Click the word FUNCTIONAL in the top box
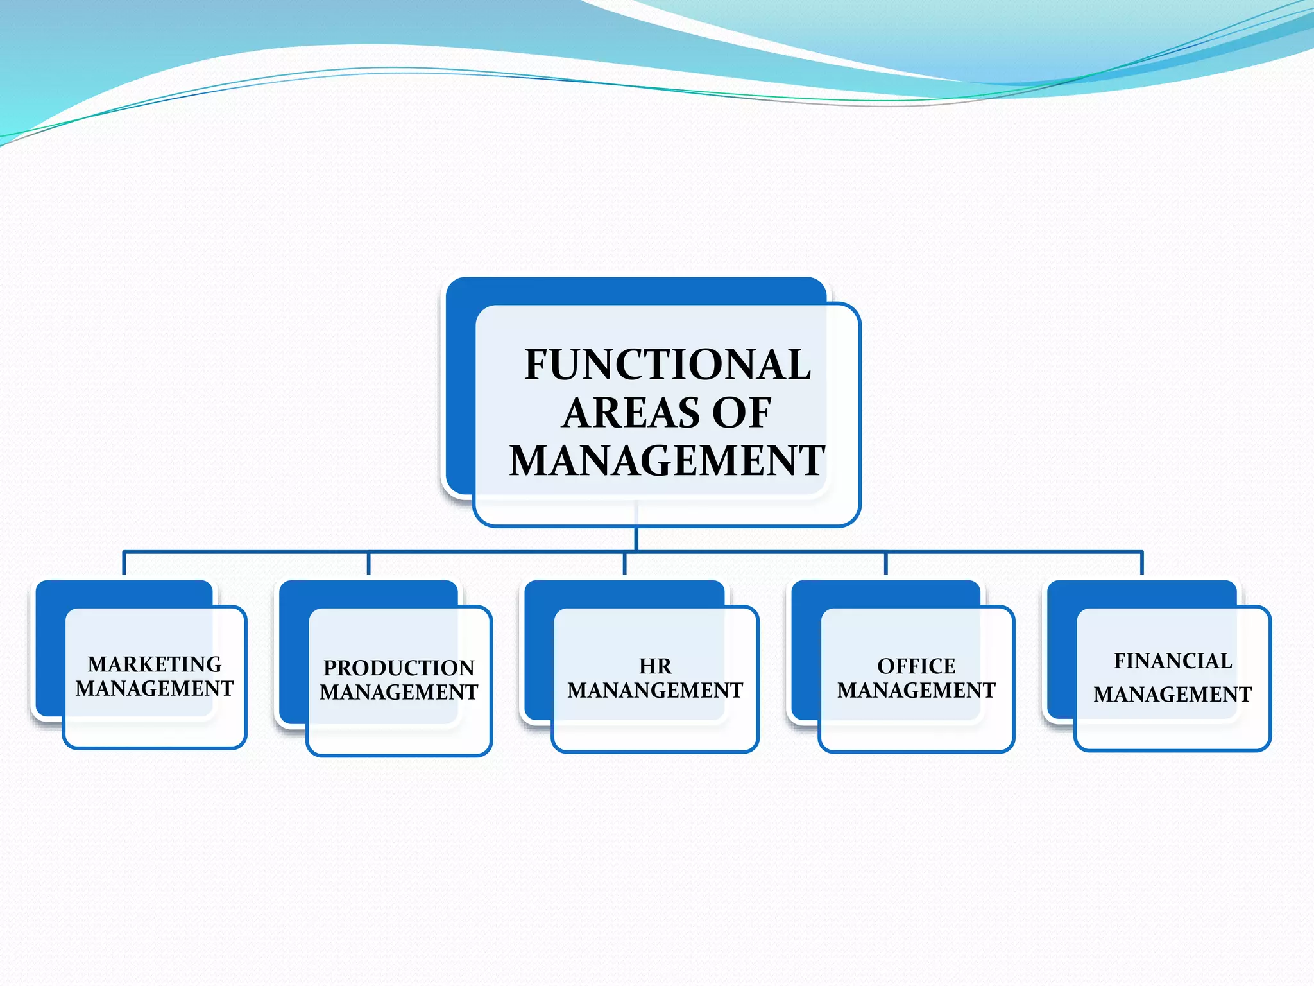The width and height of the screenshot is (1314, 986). [667, 365]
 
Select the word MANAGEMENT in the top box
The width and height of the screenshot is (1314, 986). [667, 460]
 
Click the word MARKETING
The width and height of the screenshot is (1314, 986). [155, 664]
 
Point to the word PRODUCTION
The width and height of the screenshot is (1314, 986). [398, 668]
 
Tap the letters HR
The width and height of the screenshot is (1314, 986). [655, 666]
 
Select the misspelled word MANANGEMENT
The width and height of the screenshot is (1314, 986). [655, 690]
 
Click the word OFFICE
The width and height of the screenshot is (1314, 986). [916, 666]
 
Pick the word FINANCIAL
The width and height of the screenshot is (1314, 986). [1173, 661]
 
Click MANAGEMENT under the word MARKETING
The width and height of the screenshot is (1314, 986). [155, 688]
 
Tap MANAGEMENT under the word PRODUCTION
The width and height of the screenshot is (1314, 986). [398, 692]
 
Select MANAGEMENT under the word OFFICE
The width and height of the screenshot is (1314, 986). [916, 690]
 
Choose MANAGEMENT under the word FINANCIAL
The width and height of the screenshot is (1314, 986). [1173, 694]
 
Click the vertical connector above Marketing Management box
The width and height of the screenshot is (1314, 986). [124, 564]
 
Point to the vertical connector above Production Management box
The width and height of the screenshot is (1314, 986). [369, 564]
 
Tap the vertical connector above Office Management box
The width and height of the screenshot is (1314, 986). [886, 564]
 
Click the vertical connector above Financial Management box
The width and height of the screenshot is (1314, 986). [1142, 564]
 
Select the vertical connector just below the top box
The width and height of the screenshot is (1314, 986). [636, 538]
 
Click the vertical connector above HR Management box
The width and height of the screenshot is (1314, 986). [624, 564]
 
